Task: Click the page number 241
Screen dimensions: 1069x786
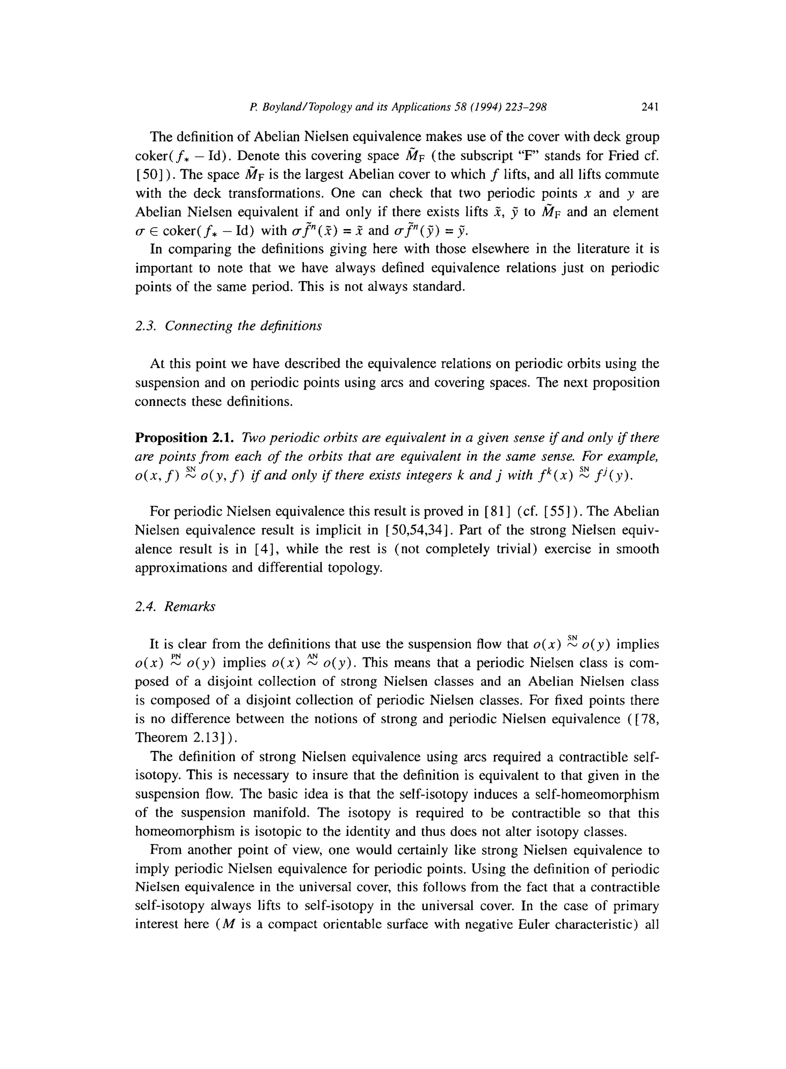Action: point(649,108)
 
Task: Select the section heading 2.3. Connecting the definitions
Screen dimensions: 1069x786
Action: point(228,326)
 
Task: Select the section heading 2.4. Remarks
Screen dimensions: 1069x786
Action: point(175,607)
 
